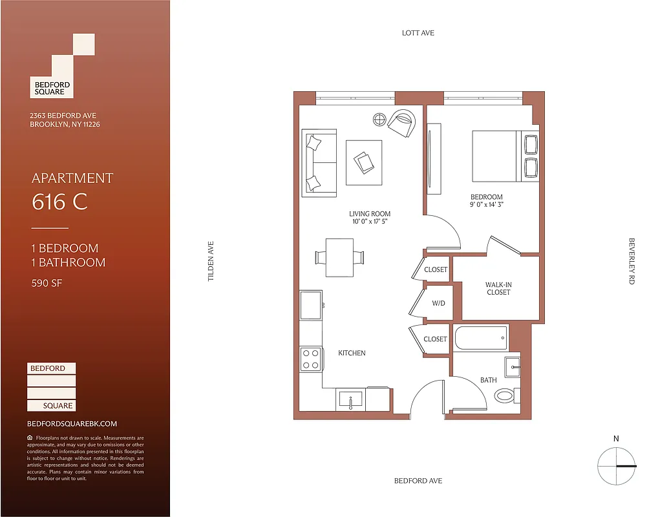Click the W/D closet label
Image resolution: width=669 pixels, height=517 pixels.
click(438, 303)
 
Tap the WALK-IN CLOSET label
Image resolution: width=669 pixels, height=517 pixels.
click(498, 288)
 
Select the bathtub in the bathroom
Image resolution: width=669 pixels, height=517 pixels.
click(480, 337)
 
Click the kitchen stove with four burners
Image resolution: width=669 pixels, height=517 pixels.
click(311, 359)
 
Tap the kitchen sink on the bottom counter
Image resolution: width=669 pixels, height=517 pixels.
click(351, 399)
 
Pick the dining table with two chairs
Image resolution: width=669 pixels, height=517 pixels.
click(340, 257)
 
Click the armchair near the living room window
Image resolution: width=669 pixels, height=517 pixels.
click(401, 122)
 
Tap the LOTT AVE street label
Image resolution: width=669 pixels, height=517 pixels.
click(418, 33)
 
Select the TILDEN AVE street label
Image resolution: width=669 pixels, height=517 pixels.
click(210, 260)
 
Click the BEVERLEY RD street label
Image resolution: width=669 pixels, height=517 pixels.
click(632, 261)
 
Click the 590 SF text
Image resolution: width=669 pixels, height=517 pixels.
click(47, 282)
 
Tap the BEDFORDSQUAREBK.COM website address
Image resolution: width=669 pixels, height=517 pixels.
click(72, 424)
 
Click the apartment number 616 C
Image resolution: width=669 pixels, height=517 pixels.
click(59, 202)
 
